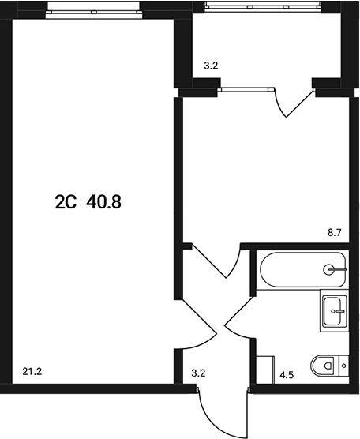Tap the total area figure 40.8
tap(104, 202)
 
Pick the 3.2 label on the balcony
tap(211, 67)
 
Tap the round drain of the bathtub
tap(329, 270)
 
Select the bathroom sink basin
tap(336, 312)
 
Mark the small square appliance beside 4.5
tap(264, 368)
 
